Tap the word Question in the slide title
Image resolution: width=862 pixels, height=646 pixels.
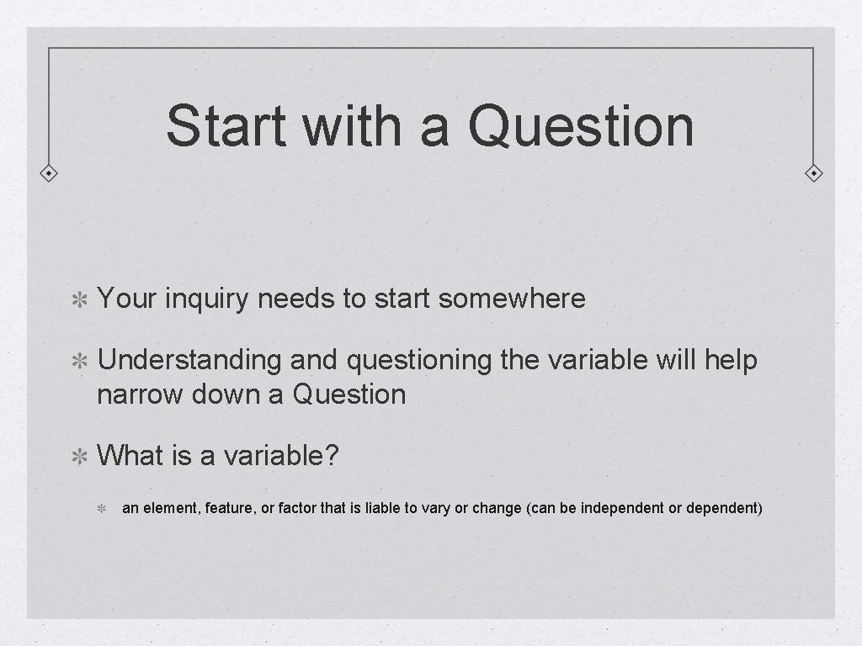click(x=581, y=125)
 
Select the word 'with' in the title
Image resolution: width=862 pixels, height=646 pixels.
click(x=349, y=125)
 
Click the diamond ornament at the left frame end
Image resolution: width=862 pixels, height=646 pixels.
click(x=50, y=174)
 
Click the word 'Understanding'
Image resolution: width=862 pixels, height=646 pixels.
click(x=189, y=361)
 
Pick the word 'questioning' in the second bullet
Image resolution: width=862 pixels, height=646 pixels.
click(x=418, y=361)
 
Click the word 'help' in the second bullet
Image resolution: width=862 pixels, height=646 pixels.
click(x=731, y=361)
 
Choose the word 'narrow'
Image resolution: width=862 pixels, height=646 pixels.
click(x=139, y=394)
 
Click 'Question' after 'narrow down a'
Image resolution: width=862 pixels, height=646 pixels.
click(x=349, y=394)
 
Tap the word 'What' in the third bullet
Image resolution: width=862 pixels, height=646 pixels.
click(x=130, y=456)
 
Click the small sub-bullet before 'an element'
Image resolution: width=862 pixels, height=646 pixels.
click(x=100, y=509)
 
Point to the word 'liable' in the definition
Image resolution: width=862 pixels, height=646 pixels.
click(x=385, y=508)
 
